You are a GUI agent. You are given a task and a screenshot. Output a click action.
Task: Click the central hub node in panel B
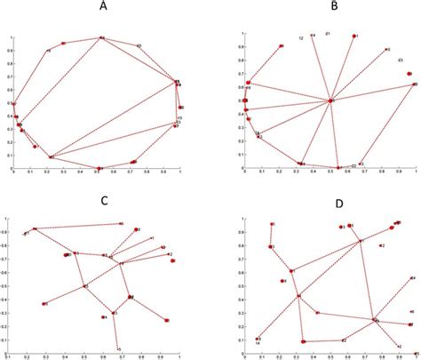click(330, 100)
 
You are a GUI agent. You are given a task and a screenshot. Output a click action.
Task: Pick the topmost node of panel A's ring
click(101, 37)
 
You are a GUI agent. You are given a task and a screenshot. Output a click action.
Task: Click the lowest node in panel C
click(117, 348)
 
